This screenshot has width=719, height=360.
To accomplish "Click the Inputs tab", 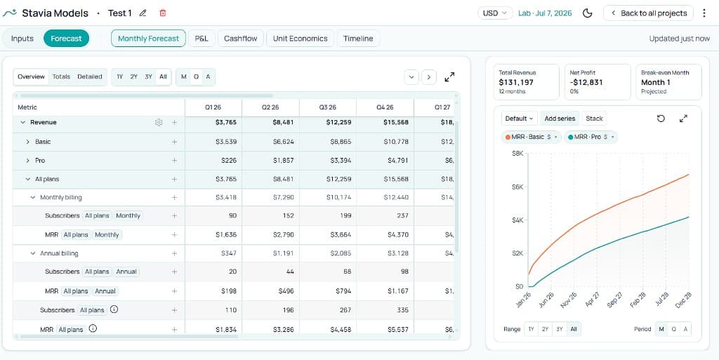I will (22, 39).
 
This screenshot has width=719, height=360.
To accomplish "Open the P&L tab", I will (202, 39).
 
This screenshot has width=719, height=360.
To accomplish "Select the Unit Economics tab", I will (300, 39).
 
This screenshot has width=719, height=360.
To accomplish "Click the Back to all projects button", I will (647, 13).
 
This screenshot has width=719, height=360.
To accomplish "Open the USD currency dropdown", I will (495, 13).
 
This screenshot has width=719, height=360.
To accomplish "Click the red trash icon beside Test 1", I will (163, 13).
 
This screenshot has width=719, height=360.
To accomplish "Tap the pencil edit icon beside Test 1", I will (143, 13).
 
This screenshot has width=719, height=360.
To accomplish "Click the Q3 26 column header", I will (327, 107).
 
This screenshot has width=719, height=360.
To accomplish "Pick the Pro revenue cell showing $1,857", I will (283, 161).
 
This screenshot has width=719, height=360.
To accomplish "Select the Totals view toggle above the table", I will (61, 76).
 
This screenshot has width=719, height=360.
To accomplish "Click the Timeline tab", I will (358, 39).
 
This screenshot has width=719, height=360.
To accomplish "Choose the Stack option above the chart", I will (594, 119).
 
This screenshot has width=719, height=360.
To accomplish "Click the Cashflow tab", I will (240, 39).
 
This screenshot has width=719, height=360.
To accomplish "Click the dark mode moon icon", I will (588, 13).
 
